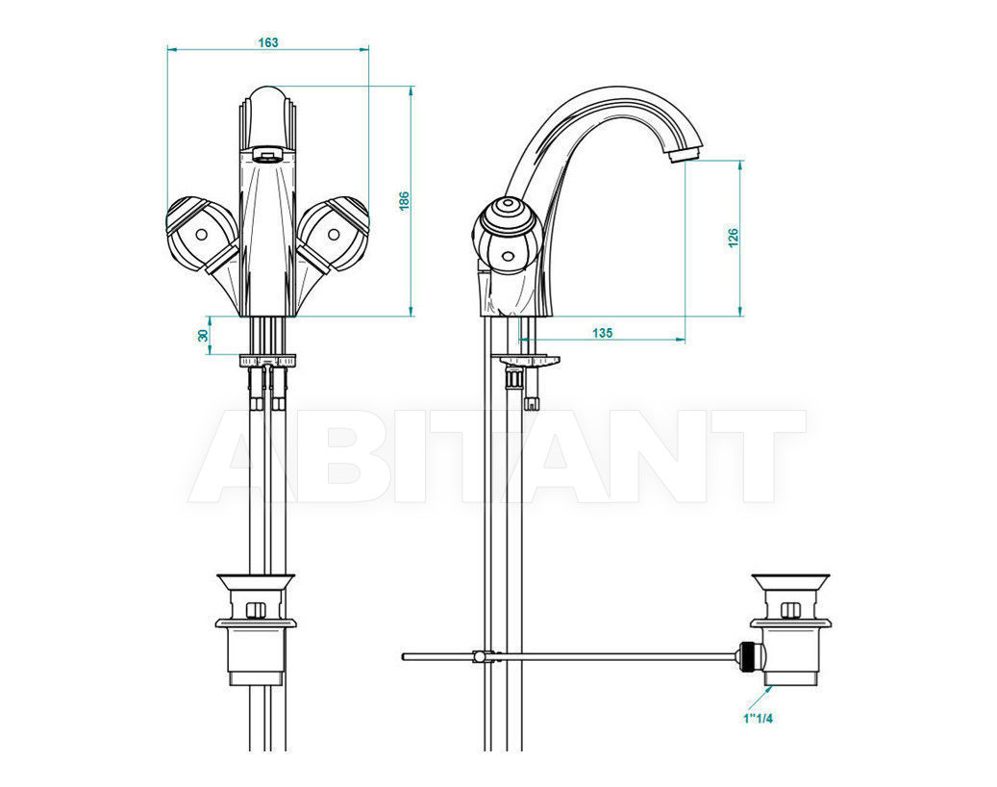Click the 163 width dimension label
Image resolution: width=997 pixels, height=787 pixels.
click(267, 42)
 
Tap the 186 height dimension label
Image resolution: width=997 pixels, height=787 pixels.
click(404, 201)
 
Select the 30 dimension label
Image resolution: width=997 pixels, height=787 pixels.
click(204, 335)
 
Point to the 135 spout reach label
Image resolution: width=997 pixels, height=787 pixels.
click(602, 333)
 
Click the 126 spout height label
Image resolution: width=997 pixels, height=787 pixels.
click(734, 238)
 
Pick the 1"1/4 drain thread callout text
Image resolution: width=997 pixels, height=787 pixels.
click(758, 719)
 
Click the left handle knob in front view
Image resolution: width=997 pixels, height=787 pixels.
click(201, 233)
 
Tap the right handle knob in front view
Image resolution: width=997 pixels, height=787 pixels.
click(334, 233)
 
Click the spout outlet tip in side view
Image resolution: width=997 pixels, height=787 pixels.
click(685, 154)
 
